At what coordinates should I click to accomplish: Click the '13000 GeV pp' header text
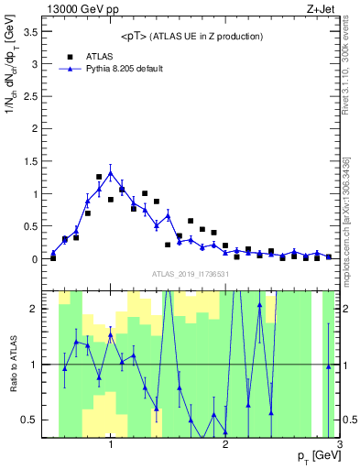[81, 8]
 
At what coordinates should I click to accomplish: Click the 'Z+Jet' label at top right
[322, 8]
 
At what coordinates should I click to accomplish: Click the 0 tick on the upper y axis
[37, 259]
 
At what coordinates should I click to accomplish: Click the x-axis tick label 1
[111, 445]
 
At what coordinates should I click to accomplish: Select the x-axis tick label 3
[339, 445]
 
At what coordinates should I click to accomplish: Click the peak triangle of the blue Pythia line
[111, 172]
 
